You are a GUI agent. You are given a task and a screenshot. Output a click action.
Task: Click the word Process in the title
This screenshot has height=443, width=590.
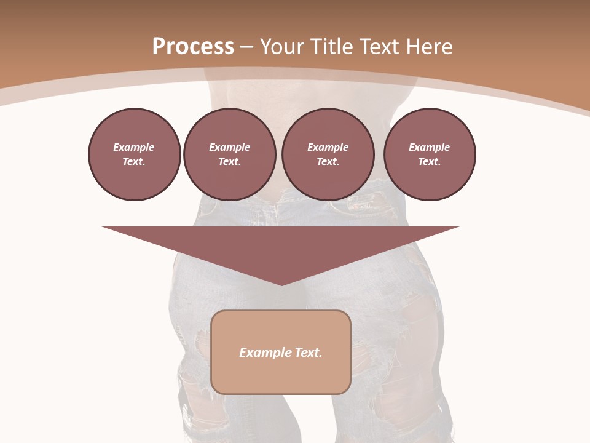tap(193, 47)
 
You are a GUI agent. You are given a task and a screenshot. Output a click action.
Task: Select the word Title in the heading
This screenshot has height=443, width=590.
tap(329, 47)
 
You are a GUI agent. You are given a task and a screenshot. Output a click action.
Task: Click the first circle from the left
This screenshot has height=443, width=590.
tap(134, 154)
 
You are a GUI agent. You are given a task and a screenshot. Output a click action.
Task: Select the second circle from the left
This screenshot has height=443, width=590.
tap(229, 154)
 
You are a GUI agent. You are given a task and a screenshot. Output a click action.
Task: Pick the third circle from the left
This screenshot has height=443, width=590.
tap(328, 154)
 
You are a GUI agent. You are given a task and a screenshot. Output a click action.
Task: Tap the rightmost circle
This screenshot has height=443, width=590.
tap(429, 154)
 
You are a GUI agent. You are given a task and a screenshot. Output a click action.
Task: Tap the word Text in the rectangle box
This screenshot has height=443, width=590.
tap(309, 353)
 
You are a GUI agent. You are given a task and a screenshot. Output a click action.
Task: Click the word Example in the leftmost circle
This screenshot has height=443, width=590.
tap(134, 147)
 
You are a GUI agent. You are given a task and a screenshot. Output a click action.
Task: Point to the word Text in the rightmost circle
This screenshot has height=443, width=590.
tap(429, 161)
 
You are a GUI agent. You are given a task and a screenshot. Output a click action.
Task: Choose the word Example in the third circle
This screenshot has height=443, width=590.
tap(328, 147)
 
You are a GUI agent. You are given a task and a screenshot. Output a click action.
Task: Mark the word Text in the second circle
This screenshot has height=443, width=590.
tap(229, 161)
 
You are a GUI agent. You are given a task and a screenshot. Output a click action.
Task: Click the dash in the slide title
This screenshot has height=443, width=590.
tap(246, 47)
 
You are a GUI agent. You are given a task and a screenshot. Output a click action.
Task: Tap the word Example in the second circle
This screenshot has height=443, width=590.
tap(229, 147)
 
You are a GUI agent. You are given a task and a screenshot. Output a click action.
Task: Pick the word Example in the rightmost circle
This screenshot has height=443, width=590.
tap(429, 147)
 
